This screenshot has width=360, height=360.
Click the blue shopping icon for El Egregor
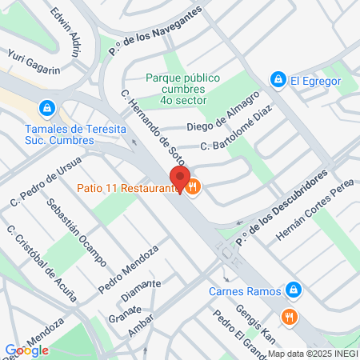click(278, 79)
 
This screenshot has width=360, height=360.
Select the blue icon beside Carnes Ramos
click(294, 289)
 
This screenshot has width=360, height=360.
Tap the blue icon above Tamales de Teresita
click(47, 107)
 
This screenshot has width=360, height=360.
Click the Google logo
click(26, 350)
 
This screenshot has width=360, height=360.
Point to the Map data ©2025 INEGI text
click(312, 354)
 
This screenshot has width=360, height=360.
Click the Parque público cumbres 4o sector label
click(182, 89)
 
